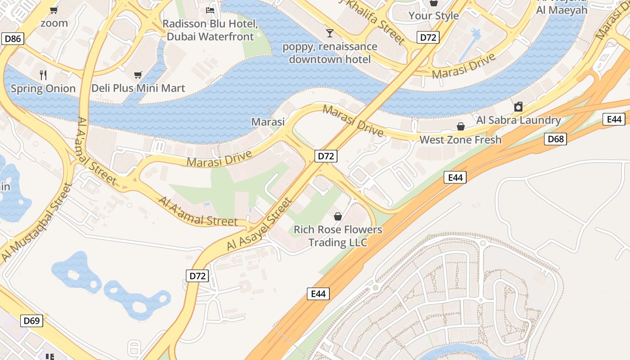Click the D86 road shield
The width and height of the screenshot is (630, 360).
click(x=13, y=39)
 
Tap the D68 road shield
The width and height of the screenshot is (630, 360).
click(x=555, y=139)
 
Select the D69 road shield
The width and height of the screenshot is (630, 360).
click(x=31, y=321)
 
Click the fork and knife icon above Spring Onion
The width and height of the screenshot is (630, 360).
click(x=43, y=75)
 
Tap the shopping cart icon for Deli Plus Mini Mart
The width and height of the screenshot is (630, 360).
click(x=138, y=75)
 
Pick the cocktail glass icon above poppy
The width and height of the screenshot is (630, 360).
click(x=330, y=33)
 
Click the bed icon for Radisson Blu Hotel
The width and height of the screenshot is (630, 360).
click(x=210, y=10)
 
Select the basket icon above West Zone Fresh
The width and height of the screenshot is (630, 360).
click(x=460, y=126)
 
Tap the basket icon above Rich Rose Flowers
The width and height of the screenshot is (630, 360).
click(x=338, y=216)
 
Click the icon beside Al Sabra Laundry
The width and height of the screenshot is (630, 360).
click(x=518, y=107)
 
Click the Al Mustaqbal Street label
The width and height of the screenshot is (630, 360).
click(x=36, y=222)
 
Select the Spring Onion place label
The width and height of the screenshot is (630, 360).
click(x=43, y=89)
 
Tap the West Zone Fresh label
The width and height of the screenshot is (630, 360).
click(x=460, y=140)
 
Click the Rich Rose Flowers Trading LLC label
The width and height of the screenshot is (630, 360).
click(x=338, y=236)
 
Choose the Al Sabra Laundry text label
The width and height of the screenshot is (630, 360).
click(x=518, y=120)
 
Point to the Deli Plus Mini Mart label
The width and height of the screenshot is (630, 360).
click(x=138, y=88)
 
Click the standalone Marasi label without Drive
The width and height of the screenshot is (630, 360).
click(x=268, y=122)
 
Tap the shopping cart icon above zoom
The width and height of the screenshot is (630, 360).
click(x=54, y=10)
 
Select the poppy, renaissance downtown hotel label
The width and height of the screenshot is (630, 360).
click(x=330, y=53)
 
